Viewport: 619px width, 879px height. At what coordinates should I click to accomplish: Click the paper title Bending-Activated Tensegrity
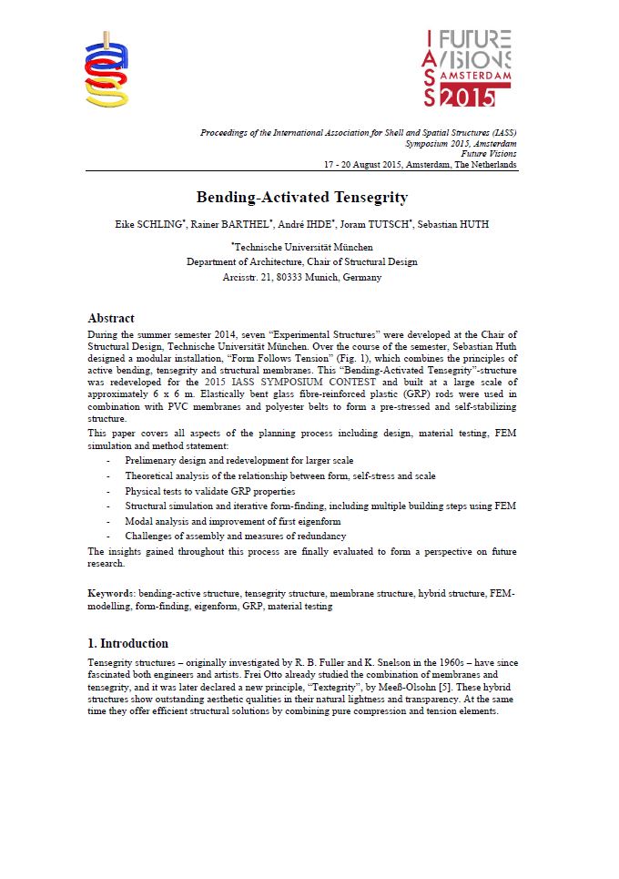pos(302,198)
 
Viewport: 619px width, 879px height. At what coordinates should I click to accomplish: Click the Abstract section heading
pos(111,319)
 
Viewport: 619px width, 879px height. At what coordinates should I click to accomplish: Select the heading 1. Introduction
pos(127,643)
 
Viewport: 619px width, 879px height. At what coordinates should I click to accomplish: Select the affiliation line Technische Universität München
pos(302,247)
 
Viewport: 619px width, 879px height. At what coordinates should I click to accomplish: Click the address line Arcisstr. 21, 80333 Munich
pos(302,277)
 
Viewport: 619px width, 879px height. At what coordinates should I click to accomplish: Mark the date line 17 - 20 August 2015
pos(421,165)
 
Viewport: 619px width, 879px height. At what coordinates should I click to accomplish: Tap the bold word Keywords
pos(110,594)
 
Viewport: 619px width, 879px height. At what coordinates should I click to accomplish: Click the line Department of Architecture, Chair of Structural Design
pos(302,262)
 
